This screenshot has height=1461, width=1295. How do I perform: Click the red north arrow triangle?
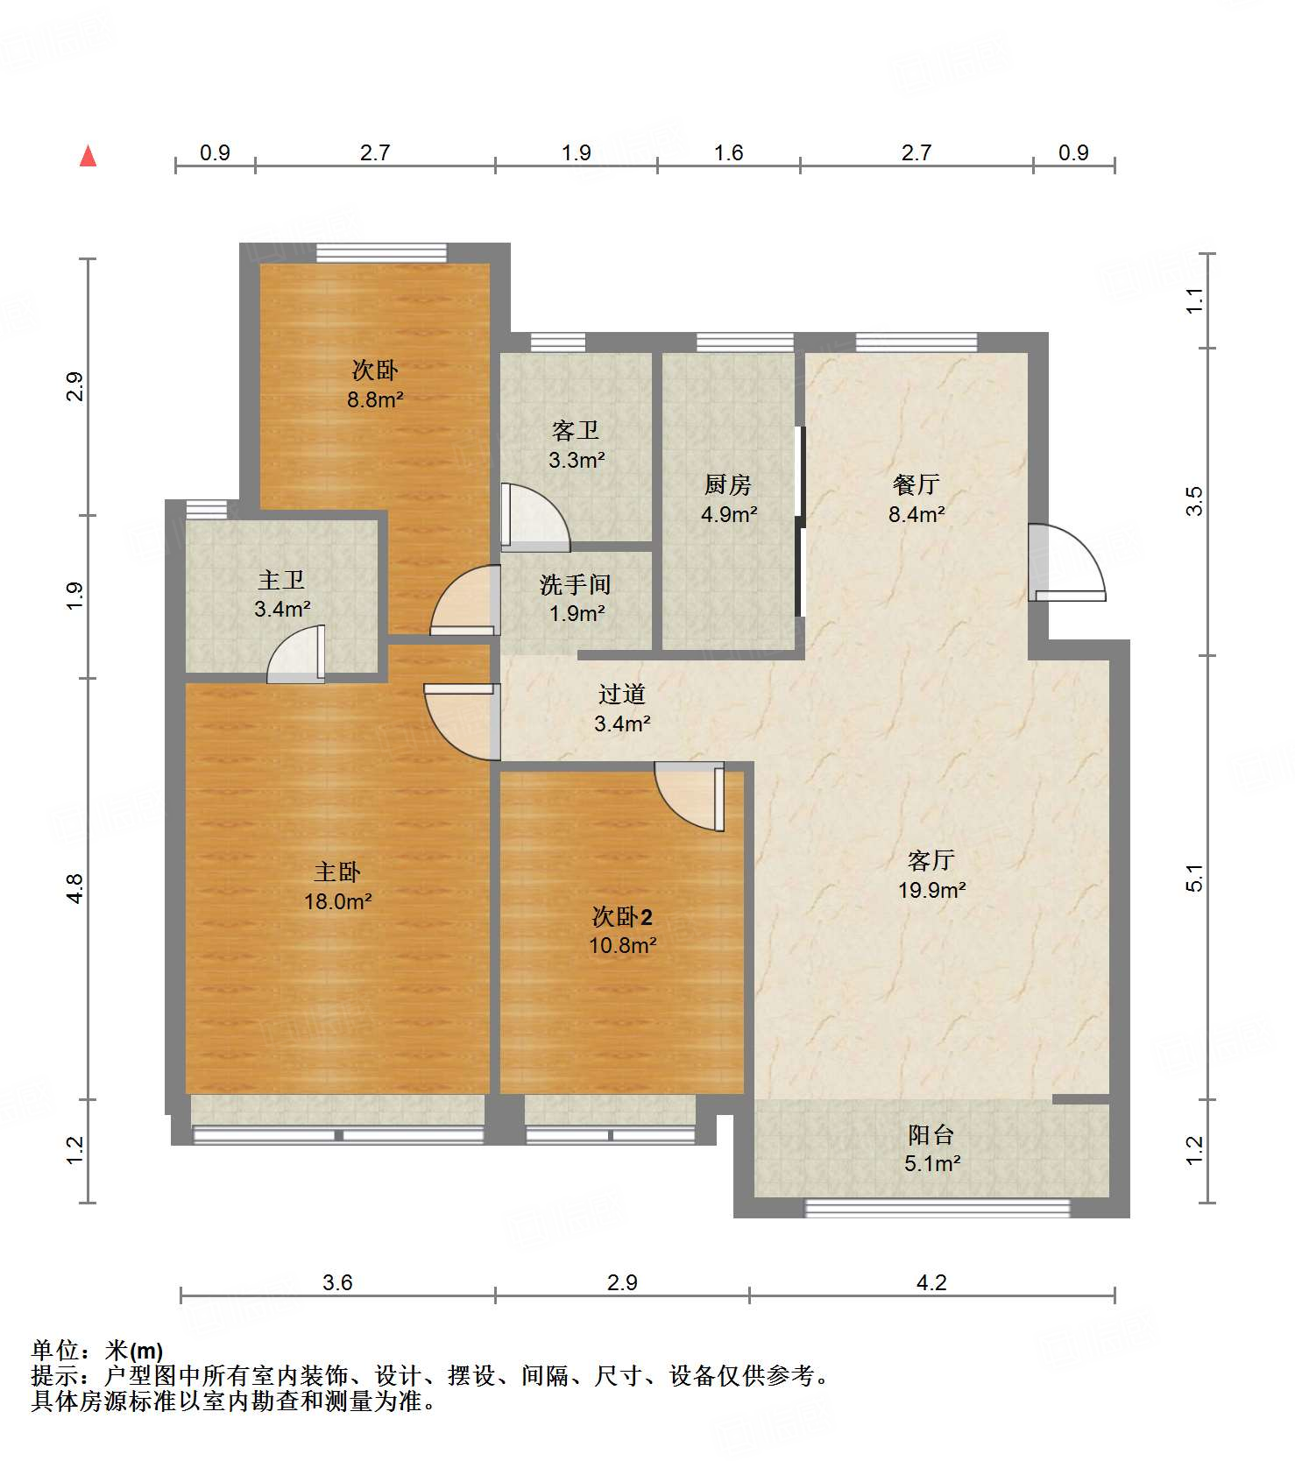88,156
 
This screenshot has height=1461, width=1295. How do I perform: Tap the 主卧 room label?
337,872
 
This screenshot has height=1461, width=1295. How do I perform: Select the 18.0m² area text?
338,901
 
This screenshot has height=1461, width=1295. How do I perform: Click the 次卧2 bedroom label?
622,917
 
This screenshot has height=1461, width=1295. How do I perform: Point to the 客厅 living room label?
931,860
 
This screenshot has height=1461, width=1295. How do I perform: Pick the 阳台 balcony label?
931,1134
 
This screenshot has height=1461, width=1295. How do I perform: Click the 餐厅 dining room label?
916,484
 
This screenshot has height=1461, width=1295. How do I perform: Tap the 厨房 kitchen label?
728,484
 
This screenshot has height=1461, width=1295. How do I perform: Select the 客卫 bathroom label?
576,430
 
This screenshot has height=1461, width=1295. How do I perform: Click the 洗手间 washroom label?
575,584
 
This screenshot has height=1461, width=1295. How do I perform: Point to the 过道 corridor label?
622,694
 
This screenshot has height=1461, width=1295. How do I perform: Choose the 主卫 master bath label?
281,580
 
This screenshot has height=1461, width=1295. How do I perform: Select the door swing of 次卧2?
690,797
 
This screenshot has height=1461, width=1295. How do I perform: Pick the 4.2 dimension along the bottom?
931,1283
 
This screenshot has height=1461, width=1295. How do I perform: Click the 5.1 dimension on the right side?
1194,878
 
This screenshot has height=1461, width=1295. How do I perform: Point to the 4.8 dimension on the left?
75,889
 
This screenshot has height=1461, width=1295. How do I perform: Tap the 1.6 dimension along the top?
728,153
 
